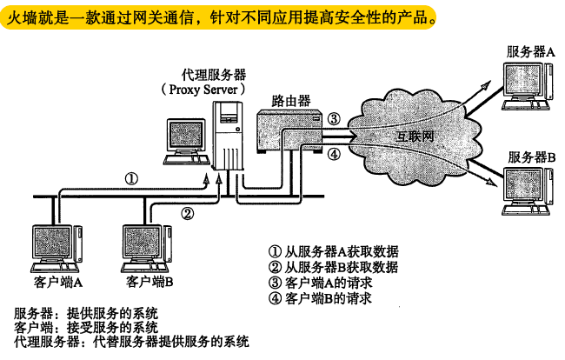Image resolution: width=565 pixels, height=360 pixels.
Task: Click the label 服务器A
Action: click(x=531, y=52)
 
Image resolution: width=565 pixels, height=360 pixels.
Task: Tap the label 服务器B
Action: click(x=531, y=157)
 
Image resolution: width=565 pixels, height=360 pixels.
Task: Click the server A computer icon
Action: click(x=525, y=87)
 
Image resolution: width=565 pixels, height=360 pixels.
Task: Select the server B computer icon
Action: click(x=525, y=192)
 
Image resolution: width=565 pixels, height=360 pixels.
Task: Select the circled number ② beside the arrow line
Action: click(x=187, y=211)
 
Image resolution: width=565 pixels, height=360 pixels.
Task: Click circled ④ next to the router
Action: click(x=335, y=153)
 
